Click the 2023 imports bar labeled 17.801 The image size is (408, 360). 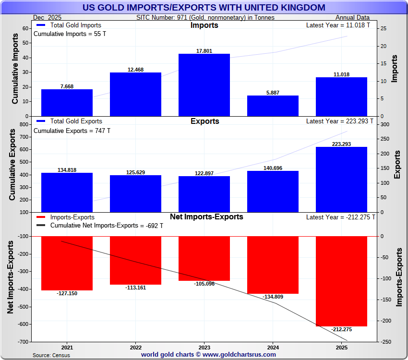204,84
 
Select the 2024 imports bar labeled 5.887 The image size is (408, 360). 273,106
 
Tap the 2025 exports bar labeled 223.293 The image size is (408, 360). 341,179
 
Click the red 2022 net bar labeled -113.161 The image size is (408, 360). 135,260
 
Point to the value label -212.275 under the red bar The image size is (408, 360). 341,329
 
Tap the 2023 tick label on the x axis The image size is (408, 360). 204,347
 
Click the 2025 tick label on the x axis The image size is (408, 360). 341,347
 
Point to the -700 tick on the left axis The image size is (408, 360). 23,342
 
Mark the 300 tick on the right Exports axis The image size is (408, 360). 385,124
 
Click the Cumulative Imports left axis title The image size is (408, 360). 15,72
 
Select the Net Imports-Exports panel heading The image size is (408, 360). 206,217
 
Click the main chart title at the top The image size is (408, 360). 204,7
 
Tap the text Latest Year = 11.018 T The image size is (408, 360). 338,25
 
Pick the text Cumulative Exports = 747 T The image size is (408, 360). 72,131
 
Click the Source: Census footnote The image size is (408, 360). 51,355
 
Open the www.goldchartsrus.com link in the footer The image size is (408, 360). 240,355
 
